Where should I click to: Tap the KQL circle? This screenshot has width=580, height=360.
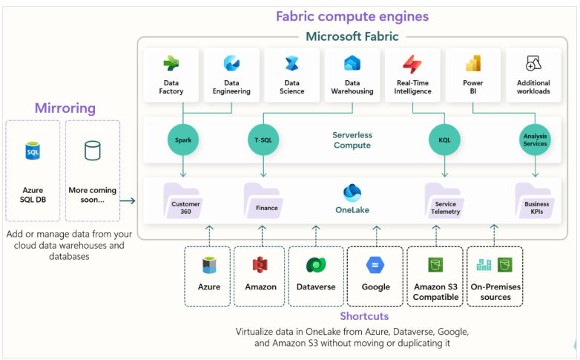tap(444, 139)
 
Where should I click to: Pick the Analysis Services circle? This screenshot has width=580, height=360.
tap(535, 139)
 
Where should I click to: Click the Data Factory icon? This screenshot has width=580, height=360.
tap(171, 64)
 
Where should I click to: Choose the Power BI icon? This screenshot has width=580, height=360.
tap(473, 64)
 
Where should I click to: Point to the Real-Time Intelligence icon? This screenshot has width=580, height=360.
tap(412, 64)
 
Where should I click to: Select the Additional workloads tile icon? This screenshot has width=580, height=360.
tap(533, 64)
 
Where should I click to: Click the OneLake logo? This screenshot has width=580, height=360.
tap(352, 192)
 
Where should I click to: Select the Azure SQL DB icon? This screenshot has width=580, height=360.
tap(33, 151)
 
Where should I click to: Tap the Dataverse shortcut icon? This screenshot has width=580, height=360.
tap(315, 265)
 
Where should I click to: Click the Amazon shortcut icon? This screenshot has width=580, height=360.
tap(260, 265)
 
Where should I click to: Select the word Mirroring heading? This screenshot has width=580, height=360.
tap(65, 108)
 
